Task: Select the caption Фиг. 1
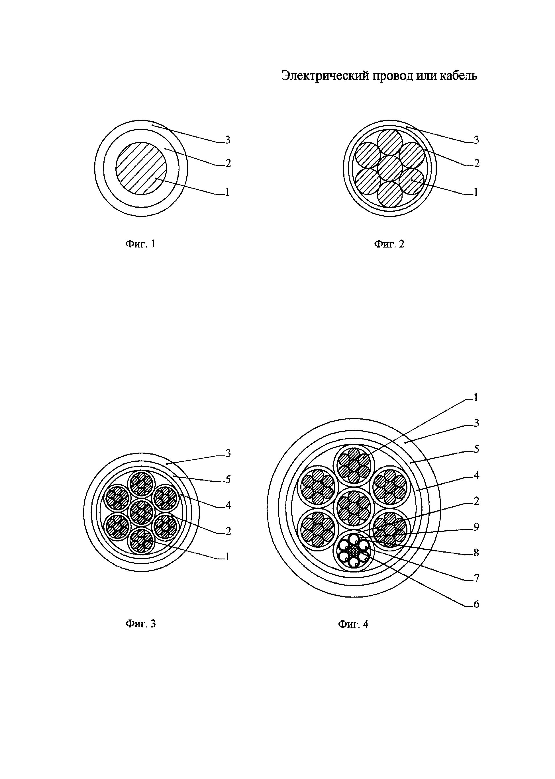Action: coord(140,244)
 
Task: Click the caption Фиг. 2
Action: coord(389,244)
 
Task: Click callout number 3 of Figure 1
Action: coord(228,140)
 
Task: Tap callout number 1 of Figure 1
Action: coord(228,192)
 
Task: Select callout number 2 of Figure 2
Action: coord(476,164)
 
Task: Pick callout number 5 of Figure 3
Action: coord(228,480)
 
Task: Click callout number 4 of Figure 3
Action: coord(228,505)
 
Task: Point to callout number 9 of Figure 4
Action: coord(476,527)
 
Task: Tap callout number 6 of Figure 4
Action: coord(476,604)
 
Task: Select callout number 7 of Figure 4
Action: coord(476,578)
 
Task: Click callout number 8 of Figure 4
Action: coord(476,553)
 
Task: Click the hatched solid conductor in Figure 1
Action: coord(141,168)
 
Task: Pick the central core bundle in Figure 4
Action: coord(354,507)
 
